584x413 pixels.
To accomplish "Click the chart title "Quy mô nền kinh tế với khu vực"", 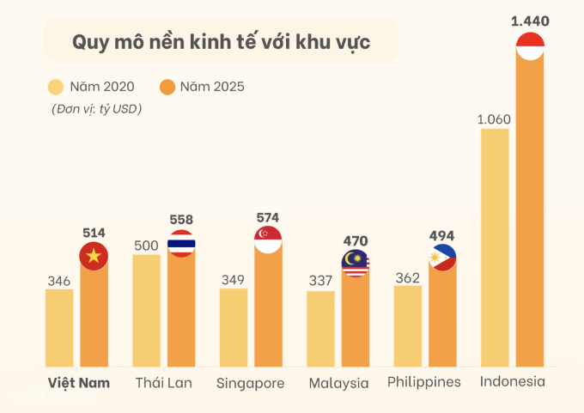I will click(221, 41).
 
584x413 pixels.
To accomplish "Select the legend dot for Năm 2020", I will click(57, 87).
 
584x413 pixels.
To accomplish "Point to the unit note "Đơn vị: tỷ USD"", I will click(95, 109).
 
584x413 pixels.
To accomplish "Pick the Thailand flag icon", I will click(181, 245).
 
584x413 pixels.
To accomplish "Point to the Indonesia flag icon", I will click(530, 45).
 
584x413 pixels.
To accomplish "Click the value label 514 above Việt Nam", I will click(94, 232).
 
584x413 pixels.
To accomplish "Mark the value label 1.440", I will click(530, 19).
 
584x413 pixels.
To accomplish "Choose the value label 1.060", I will click(495, 118).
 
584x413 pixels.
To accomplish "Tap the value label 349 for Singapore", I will click(234, 278).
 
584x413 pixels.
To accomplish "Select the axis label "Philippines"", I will click(424, 382).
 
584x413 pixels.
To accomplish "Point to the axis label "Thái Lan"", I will click(164, 383).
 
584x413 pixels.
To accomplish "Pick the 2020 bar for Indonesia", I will click(495, 249).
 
